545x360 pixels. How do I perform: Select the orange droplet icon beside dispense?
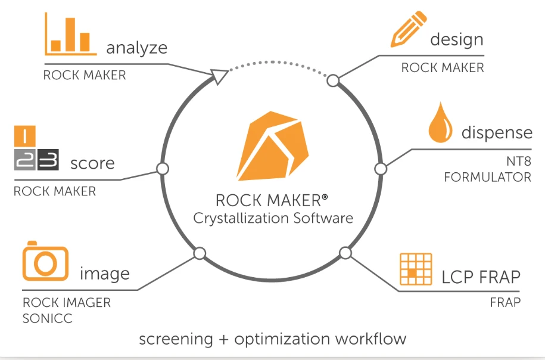click(441, 123)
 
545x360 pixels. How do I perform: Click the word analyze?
click(136, 48)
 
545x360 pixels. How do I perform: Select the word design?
click(456, 40)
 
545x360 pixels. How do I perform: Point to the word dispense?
click(497, 132)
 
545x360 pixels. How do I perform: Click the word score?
click(92, 163)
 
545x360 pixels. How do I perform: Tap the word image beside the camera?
click(105, 274)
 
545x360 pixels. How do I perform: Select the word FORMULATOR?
click(487, 177)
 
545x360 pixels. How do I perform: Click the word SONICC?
click(47, 319)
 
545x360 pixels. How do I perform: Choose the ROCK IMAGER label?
click(67, 303)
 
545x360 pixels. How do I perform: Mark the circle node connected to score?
click(161, 169)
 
